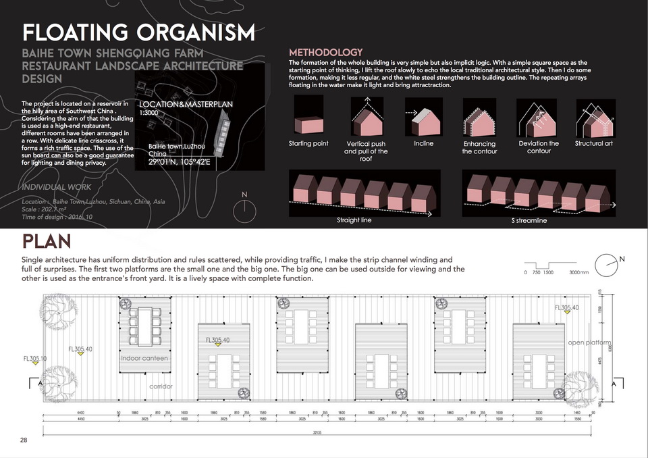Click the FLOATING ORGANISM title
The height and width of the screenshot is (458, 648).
(x=138, y=32)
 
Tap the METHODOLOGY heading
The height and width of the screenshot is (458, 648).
(x=325, y=53)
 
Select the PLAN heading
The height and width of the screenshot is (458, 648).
(x=47, y=241)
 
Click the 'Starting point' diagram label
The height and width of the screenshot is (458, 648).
(x=308, y=144)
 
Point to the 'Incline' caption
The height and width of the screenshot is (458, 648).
(x=424, y=144)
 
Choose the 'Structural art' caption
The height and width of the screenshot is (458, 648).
(x=593, y=144)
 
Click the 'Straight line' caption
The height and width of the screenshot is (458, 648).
(x=354, y=220)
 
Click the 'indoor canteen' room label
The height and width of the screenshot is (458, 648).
(x=144, y=358)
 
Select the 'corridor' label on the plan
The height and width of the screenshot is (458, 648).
(x=161, y=386)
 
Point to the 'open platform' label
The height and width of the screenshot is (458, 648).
(x=590, y=342)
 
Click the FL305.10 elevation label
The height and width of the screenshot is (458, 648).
(x=35, y=358)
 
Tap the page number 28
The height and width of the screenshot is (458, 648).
(x=24, y=440)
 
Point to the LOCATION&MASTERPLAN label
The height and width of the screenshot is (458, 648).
(x=186, y=105)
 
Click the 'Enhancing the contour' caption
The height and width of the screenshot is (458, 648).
(x=479, y=147)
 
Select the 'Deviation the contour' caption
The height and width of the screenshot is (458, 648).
(x=539, y=147)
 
